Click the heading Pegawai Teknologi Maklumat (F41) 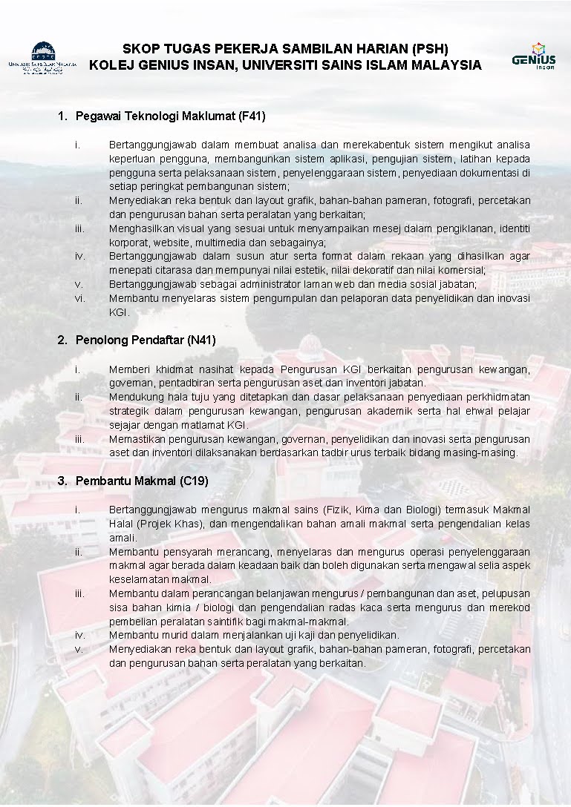pos(170,116)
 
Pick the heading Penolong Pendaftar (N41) pos(146,340)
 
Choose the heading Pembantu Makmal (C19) pos(142,481)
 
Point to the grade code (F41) pos(252,116)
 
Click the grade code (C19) pos(195,481)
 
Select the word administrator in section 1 pos(223,284)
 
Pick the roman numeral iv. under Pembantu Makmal pos(80,635)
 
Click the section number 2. pos(62,340)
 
